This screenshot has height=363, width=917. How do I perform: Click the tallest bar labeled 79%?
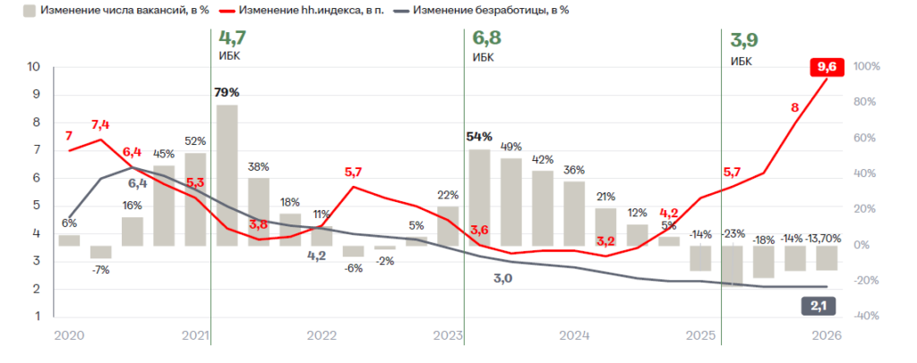(x=227, y=175)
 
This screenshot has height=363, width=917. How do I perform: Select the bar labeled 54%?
(x=480, y=198)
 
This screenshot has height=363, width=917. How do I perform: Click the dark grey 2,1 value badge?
(x=817, y=306)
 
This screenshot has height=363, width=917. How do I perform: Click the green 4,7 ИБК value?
(x=232, y=38)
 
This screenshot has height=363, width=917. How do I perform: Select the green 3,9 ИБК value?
(x=744, y=40)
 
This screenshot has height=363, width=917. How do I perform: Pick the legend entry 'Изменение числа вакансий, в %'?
(x=117, y=11)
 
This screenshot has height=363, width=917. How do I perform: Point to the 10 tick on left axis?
(x=34, y=67)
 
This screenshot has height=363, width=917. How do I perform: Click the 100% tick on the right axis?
(x=868, y=67)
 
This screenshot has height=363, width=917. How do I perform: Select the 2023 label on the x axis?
(x=448, y=335)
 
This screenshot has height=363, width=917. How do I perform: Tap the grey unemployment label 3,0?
(x=502, y=279)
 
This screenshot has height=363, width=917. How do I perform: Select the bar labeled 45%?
(x=164, y=206)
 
